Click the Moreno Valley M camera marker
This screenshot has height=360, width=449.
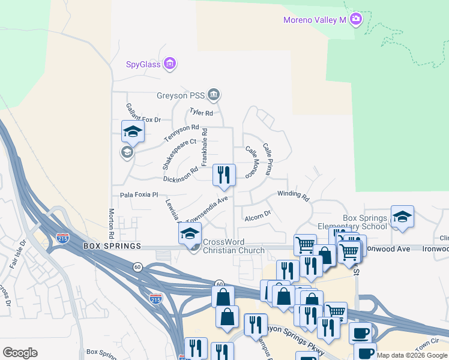[356, 20]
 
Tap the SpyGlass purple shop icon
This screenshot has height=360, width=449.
[170, 64]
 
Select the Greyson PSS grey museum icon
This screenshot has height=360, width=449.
[214, 94]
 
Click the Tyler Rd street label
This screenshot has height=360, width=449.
[201, 112]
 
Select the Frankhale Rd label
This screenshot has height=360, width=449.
[205, 147]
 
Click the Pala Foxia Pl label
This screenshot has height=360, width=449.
[138, 194]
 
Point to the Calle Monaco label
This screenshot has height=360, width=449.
[255, 159]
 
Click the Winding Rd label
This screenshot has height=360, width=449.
[293, 196]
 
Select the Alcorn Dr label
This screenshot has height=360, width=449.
[258, 214]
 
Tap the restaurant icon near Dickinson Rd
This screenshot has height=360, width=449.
[224, 175]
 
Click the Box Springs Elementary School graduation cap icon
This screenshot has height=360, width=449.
[402, 217]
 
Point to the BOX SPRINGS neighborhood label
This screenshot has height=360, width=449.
[112, 247]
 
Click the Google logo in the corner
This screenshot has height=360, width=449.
[20, 353]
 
